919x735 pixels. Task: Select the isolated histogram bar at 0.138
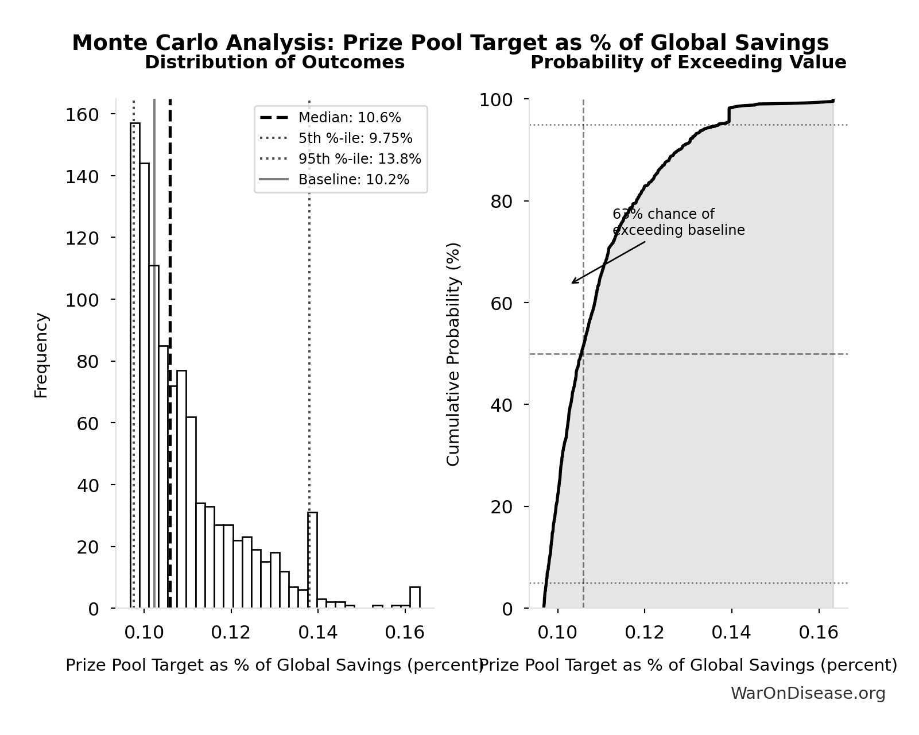[x=312, y=560]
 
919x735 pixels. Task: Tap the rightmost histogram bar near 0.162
[x=414, y=597]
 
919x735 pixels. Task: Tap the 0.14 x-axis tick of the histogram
[x=318, y=633]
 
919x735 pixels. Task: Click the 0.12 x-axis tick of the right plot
[x=645, y=633]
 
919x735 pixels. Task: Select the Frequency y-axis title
[x=41, y=355]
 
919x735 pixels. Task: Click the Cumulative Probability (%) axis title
[x=453, y=354]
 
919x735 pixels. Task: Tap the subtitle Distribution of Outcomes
[x=274, y=63]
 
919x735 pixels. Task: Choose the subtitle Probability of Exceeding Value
[x=688, y=63]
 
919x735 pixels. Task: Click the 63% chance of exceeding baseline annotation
[x=678, y=222]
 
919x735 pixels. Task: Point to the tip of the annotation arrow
[x=572, y=283]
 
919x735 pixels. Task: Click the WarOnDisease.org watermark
[x=808, y=694]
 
